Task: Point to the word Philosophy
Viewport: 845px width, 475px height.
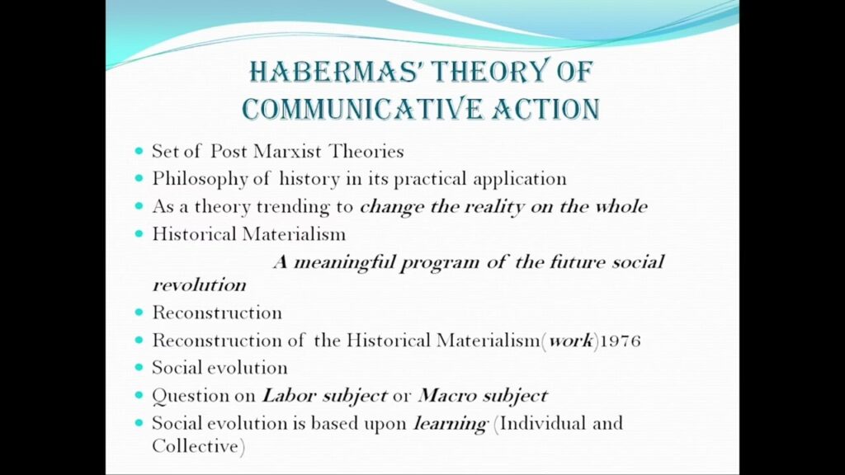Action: [x=200, y=180]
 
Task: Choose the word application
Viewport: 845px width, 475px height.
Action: [x=520, y=180]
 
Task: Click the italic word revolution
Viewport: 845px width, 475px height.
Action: [x=200, y=285]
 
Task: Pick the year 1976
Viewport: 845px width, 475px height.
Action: [x=621, y=341]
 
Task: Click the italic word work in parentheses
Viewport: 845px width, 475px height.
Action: [x=571, y=341]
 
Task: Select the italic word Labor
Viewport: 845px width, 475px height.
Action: [x=289, y=396]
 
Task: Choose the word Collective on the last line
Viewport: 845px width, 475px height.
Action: [x=195, y=446]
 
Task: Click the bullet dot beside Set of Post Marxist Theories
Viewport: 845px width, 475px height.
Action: [x=139, y=152]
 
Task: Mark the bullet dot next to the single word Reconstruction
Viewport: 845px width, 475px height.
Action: [x=139, y=313]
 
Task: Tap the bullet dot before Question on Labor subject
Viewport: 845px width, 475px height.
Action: [x=139, y=395]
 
